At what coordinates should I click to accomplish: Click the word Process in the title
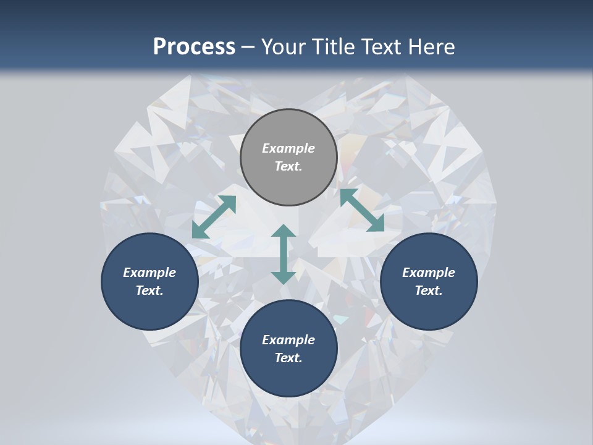point(194,47)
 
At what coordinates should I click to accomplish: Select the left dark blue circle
point(149,281)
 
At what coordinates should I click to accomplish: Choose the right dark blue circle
point(429,281)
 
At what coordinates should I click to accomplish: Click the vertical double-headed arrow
point(284,254)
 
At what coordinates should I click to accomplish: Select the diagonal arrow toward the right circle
point(361,210)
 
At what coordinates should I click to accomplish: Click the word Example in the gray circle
point(288,148)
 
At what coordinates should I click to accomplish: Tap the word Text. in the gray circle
point(288,166)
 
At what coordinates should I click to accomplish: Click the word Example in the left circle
point(149,273)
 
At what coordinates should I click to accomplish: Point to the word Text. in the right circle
point(429,290)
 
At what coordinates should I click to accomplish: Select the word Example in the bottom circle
point(288,340)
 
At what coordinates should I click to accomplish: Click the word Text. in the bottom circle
point(288,358)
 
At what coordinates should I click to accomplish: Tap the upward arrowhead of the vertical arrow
point(284,231)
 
